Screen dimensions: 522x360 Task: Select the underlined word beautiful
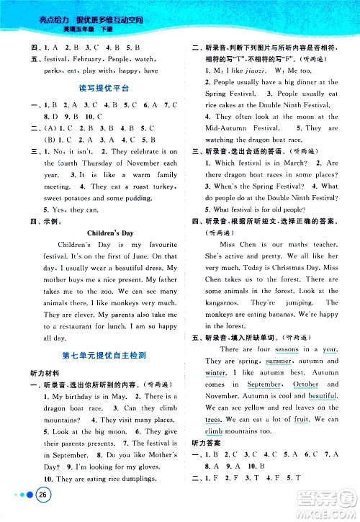323,396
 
